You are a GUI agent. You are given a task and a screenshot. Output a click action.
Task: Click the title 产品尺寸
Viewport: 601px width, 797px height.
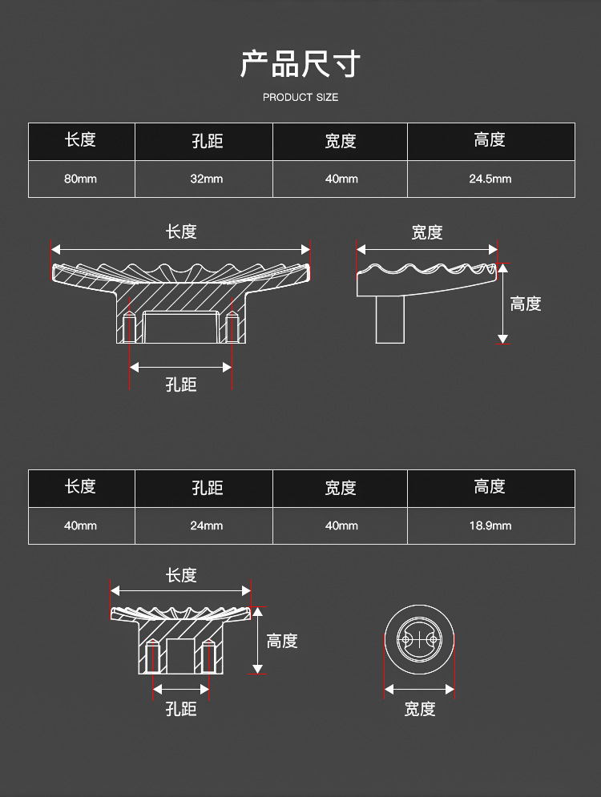(x=300, y=64)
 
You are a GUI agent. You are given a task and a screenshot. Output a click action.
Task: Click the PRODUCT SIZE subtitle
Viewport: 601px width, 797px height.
(x=300, y=97)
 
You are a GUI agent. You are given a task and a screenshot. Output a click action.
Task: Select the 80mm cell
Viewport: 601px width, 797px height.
(x=80, y=179)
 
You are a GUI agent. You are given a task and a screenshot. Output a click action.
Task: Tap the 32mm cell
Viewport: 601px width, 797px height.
(x=206, y=179)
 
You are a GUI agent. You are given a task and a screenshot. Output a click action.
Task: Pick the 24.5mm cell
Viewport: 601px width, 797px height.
(x=490, y=179)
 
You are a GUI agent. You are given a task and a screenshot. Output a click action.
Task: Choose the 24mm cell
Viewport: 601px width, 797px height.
(x=206, y=525)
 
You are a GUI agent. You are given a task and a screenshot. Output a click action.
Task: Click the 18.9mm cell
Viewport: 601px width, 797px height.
(x=490, y=525)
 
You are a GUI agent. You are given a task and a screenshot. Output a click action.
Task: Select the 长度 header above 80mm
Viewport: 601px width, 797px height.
(x=80, y=140)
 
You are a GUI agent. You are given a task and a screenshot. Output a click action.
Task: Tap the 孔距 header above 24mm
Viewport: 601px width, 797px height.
(x=207, y=488)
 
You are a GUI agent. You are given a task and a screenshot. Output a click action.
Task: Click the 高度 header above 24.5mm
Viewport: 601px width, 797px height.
(x=490, y=140)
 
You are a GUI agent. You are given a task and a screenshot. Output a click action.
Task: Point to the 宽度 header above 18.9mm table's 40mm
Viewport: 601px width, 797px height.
(x=341, y=488)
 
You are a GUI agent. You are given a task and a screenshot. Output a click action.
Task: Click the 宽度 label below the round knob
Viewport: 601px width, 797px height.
(x=419, y=709)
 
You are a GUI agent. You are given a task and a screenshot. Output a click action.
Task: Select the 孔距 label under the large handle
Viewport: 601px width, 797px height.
(x=181, y=385)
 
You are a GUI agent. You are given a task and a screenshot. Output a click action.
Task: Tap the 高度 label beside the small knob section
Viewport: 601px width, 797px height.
(x=282, y=641)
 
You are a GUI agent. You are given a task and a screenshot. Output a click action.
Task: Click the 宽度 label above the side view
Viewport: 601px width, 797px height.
(x=426, y=232)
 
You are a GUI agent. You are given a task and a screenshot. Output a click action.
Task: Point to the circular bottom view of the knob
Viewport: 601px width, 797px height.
(x=419, y=641)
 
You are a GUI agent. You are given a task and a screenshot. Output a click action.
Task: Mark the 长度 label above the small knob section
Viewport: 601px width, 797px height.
(x=181, y=575)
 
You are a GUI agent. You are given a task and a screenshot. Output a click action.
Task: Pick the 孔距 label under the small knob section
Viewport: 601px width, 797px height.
(x=181, y=709)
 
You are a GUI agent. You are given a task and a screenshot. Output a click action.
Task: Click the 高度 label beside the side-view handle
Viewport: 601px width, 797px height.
(x=526, y=304)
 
